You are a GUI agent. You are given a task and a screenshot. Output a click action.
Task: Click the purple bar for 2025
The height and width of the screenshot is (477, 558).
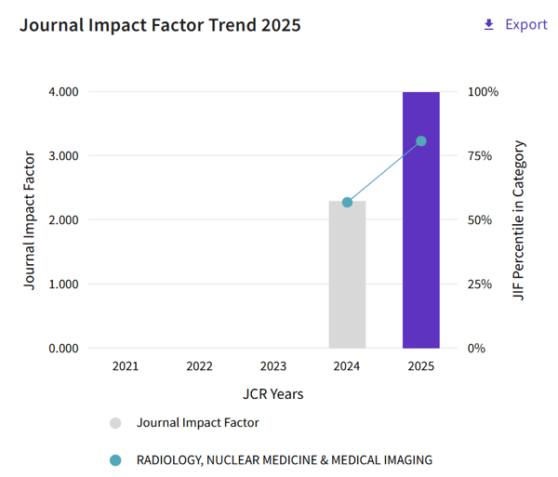coord(421,219)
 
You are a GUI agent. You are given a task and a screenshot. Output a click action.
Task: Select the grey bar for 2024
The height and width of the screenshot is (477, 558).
coord(347,274)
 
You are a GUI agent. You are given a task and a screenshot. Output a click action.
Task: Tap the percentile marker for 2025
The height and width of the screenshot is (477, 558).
coord(421,141)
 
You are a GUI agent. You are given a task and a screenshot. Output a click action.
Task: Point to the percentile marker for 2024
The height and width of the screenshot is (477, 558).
coord(347,203)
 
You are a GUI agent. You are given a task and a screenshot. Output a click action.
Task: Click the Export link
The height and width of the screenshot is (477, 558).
coord(526,24)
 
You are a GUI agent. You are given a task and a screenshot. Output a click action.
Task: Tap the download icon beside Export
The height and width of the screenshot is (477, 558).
coord(489,24)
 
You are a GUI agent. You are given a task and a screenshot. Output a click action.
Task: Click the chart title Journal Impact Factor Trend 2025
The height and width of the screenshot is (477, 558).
coord(160,25)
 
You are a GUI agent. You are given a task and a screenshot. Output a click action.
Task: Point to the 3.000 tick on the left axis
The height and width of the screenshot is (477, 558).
coord(63,156)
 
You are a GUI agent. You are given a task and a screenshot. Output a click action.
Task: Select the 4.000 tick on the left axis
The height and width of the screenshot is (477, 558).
coord(63,92)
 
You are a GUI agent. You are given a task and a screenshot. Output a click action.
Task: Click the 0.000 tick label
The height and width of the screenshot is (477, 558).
coord(63,349)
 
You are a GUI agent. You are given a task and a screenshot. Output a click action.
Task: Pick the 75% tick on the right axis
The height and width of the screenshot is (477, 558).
coord(480,156)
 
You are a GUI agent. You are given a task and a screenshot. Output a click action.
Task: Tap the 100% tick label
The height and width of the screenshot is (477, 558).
coord(483,92)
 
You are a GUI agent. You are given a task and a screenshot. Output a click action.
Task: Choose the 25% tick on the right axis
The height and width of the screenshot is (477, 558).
coord(480,285)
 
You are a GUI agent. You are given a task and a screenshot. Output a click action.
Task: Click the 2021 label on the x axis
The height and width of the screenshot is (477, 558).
coord(126,366)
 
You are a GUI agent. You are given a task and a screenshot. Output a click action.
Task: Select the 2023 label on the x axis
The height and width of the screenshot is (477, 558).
coord(272,366)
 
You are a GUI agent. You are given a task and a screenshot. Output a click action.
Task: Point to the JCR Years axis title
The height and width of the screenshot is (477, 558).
coord(272,394)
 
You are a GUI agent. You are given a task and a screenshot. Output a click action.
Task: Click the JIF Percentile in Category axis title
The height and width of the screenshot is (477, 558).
coord(519,220)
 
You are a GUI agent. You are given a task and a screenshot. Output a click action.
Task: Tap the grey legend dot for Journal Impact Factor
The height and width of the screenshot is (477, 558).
coord(115,423)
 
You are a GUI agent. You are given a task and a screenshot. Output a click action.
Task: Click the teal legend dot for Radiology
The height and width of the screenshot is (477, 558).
coord(115,460)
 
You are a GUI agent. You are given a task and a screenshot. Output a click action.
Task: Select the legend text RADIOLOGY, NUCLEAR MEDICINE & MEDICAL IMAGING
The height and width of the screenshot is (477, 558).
coord(285,460)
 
